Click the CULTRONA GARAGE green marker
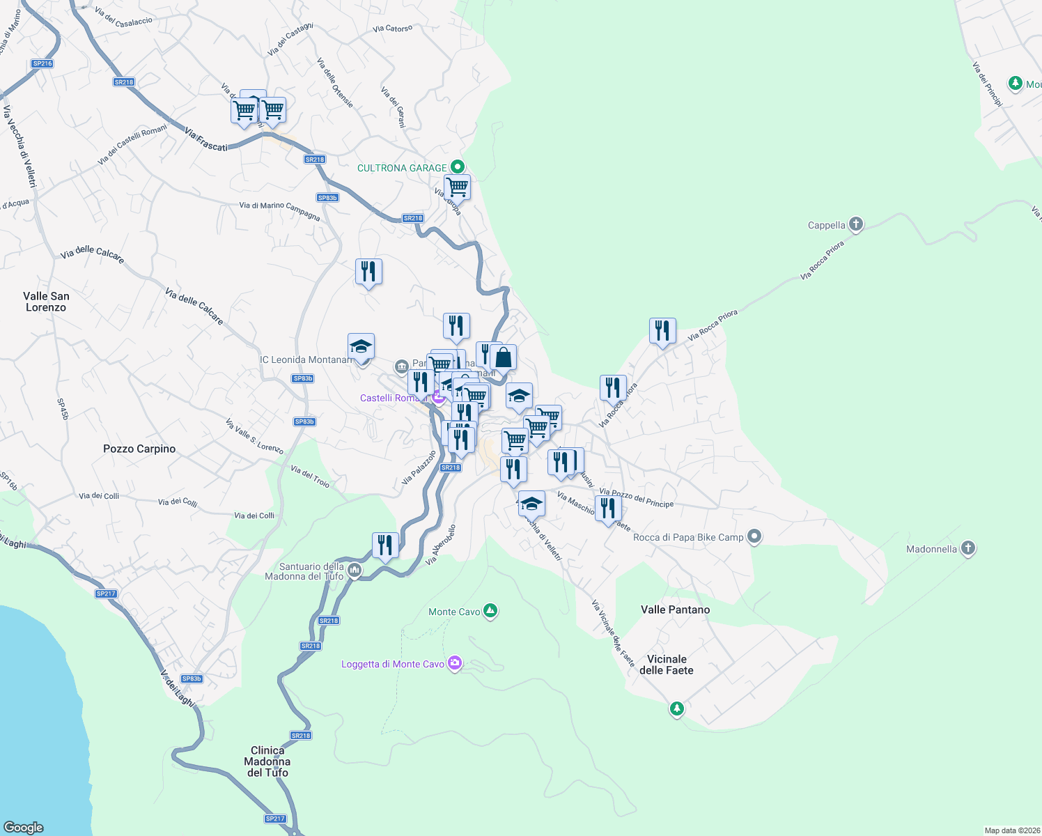458,167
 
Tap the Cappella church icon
856,224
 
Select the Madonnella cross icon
967,548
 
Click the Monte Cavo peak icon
490,611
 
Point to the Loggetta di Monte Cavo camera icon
455,663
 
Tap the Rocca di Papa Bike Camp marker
754,536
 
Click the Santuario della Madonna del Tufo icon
355,571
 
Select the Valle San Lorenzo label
46,302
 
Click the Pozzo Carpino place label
139,449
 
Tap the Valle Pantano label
675,610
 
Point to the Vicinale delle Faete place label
667,665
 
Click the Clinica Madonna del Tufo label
267,761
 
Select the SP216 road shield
42,63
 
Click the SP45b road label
63,409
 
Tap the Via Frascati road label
206,139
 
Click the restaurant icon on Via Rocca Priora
662,331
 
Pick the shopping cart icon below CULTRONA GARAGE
457,187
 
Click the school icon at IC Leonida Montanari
361,346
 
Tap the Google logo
24,827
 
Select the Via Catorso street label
392,29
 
